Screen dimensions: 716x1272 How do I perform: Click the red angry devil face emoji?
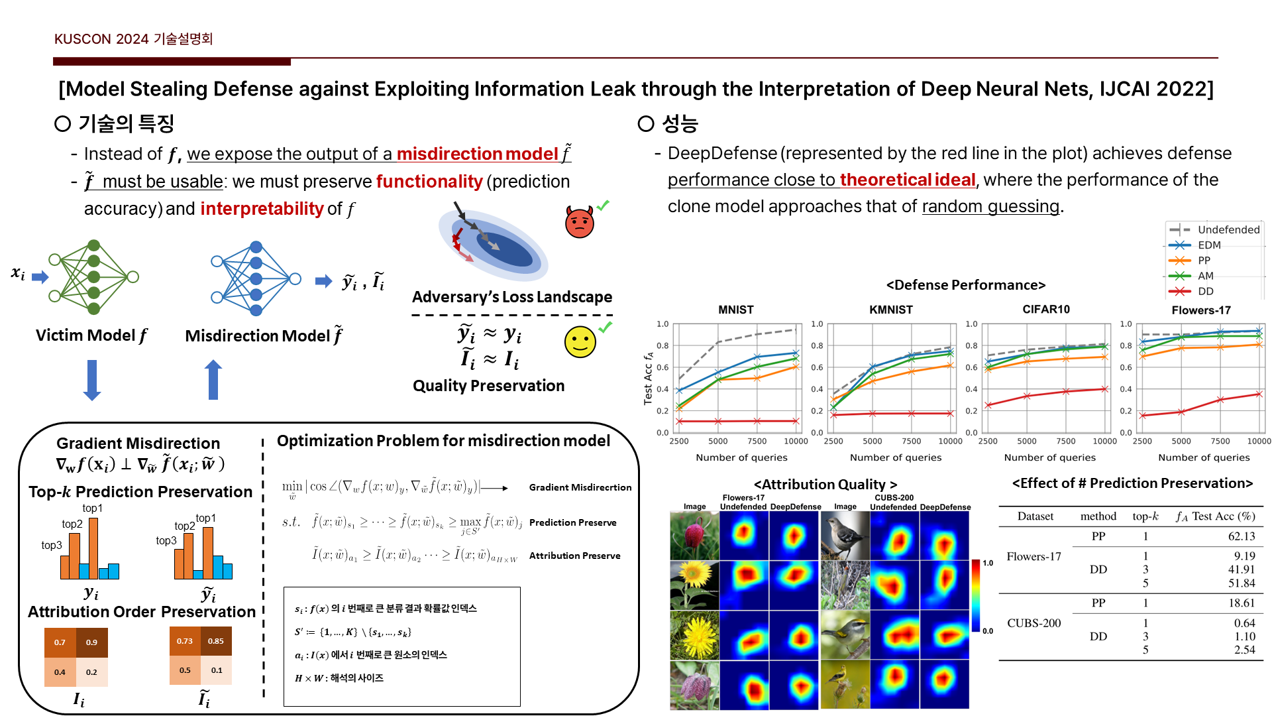(579, 222)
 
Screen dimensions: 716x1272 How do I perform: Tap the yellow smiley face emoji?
(580, 342)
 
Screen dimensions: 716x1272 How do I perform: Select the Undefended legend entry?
(1228, 229)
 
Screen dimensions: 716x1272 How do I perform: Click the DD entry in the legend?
(1205, 291)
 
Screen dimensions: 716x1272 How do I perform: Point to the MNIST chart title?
(735, 310)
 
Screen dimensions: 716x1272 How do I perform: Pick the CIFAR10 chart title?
(1045, 309)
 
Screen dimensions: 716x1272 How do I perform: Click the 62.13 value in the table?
(1241, 536)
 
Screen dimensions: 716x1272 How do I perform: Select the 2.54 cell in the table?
(1244, 650)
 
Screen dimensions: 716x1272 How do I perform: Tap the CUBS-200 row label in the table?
(1033, 623)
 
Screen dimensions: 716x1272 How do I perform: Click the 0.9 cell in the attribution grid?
(91, 642)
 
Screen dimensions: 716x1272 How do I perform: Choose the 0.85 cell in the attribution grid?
(216, 641)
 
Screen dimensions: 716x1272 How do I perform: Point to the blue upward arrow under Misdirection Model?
(213, 380)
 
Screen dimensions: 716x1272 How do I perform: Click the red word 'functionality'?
(429, 182)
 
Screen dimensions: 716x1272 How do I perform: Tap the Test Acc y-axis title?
(648, 378)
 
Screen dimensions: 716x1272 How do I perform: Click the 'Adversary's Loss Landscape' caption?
(511, 297)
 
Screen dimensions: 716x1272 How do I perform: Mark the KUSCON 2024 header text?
(133, 39)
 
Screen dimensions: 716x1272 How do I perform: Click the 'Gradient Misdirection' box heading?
(138, 444)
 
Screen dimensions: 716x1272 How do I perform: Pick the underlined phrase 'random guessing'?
(990, 207)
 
